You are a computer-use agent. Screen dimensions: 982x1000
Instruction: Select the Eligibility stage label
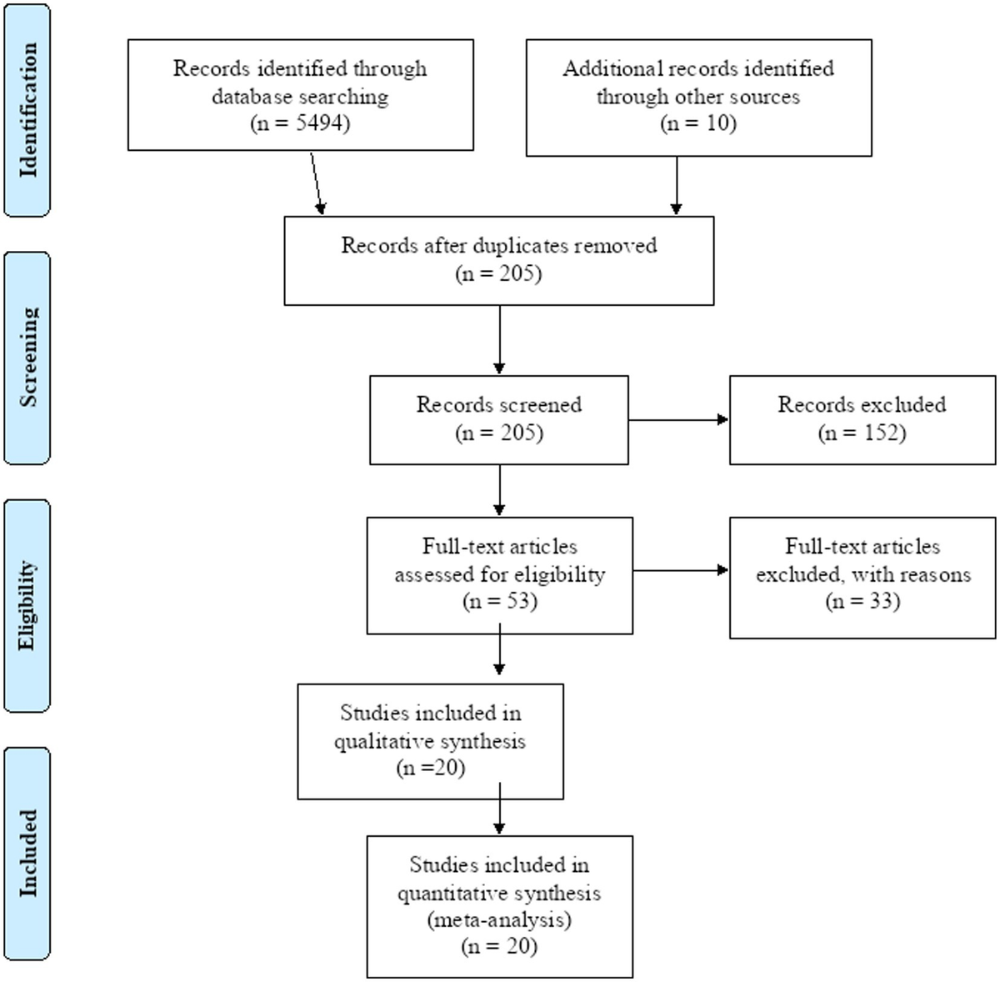(x=27, y=605)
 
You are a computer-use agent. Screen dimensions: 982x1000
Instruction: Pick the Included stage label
(x=27, y=853)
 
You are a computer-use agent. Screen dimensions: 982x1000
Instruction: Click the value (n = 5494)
(x=300, y=123)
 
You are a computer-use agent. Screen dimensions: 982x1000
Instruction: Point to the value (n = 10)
(x=698, y=123)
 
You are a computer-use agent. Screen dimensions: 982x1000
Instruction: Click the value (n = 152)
(x=862, y=433)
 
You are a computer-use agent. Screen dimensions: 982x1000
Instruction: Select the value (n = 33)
(x=862, y=601)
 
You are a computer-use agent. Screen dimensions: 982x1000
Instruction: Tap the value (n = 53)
(x=499, y=601)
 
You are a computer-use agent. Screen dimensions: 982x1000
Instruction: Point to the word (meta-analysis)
(x=498, y=920)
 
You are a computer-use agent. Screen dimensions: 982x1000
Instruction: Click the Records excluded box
(x=862, y=419)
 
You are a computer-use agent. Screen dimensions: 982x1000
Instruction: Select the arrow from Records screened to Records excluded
(x=678, y=419)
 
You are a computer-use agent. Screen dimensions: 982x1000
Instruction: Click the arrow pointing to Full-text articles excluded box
(x=680, y=571)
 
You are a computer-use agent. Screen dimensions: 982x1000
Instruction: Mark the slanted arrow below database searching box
(x=317, y=183)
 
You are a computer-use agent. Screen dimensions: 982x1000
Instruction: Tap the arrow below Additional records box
(x=677, y=186)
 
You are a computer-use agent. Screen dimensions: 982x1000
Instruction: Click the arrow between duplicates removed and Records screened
(x=499, y=339)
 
